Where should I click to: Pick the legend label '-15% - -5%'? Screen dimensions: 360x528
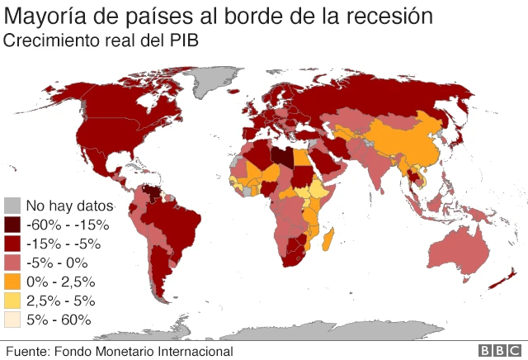64,244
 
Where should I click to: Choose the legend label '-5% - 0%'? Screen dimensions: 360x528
58,263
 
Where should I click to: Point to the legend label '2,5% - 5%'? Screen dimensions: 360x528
61,301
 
